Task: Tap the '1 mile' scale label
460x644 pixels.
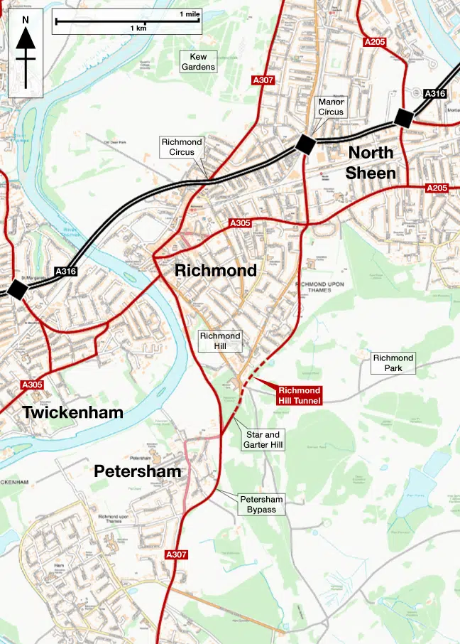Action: coord(190,14)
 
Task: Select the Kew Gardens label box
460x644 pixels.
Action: coord(198,62)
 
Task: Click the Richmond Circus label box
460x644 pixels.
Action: coord(182,147)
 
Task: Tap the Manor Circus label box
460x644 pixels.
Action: coord(331,107)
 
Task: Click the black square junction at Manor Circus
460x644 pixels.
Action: coord(306,144)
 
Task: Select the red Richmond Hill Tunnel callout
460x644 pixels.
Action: coord(299,396)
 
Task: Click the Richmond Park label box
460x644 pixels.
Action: coord(393,363)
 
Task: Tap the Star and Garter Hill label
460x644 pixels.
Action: coord(264,439)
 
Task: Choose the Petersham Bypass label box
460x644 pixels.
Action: coord(261,505)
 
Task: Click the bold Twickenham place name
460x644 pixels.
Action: coord(72,412)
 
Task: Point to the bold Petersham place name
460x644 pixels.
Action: coord(138,471)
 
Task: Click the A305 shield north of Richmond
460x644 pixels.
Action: coord(240,223)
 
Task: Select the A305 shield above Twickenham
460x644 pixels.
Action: coord(32,385)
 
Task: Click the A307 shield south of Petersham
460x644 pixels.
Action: coord(176,554)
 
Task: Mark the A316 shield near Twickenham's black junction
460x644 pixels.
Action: coord(65,271)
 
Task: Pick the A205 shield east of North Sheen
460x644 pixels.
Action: coord(436,188)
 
